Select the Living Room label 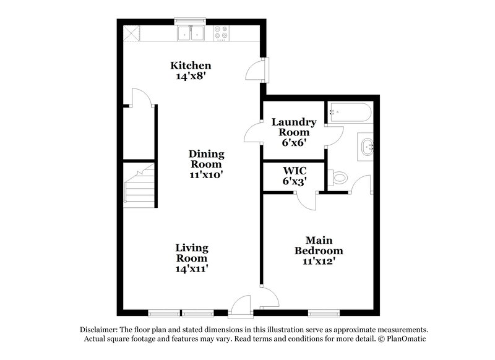click(191, 258)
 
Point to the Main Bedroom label click(319, 246)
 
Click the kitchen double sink click(191, 33)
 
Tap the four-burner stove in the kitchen click(222, 33)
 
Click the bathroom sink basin click(365, 147)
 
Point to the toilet click(339, 178)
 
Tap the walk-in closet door click(304, 199)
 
